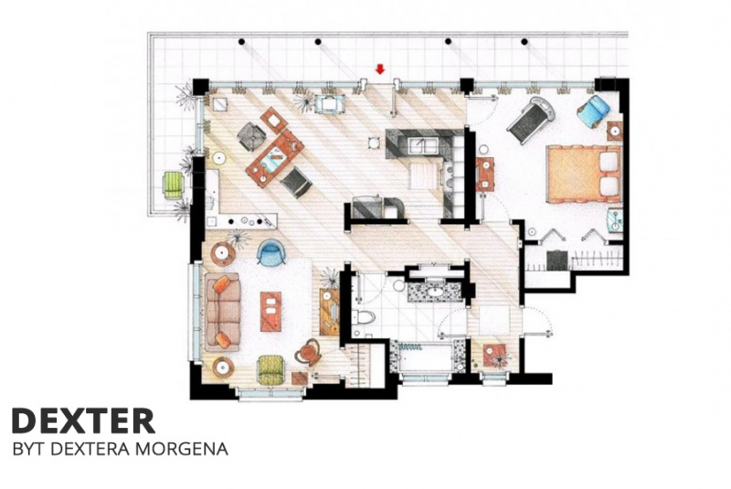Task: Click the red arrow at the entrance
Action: (x=380, y=69)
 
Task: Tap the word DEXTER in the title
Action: (x=83, y=421)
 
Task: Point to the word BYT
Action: (x=29, y=449)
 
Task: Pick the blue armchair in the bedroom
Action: (x=593, y=112)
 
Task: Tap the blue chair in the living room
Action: (x=270, y=252)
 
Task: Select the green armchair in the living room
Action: (x=271, y=369)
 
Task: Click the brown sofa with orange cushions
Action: (x=222, y=313)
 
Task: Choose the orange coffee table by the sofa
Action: (x=270, y=312)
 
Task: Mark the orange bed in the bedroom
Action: (x=583, y=175)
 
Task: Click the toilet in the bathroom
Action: (x=364, y=318)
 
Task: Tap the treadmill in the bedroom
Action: (x=530, y=118)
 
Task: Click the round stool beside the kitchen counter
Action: (x=373, y=143)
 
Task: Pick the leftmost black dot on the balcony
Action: (x=241, y=42)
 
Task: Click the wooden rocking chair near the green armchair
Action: (x=308, y=352)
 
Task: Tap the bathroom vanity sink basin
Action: (x=435, y=292)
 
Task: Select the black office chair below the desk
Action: (x=296, y=182)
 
